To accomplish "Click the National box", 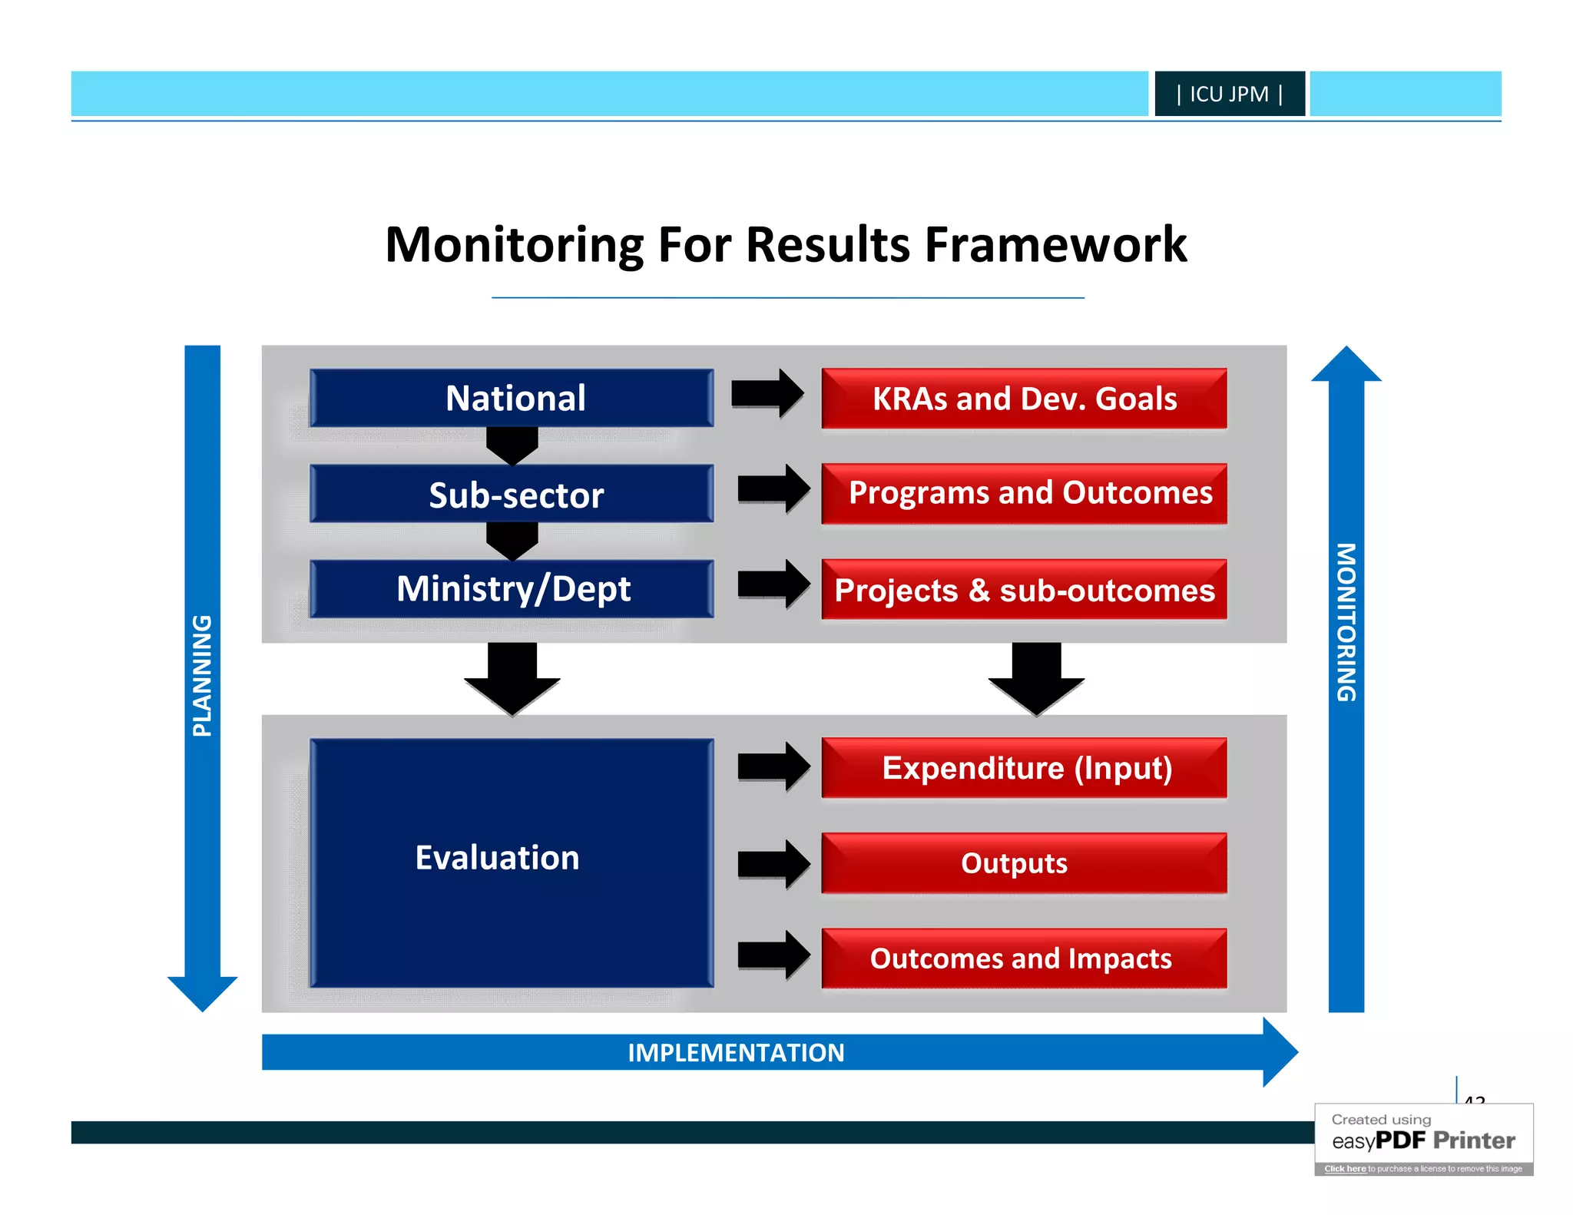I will point(512,398).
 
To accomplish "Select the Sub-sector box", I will point(512,494).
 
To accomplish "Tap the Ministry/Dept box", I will point(512,589).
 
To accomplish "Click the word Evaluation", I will point(497,857).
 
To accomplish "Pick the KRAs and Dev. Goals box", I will point(1024,399).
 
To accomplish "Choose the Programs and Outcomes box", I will point(1024,493).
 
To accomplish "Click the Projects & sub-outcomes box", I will point(1024,590).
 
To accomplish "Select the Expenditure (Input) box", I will point(1024,768).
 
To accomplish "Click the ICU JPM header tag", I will point(1229,94).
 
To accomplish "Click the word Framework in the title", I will point(1055,245).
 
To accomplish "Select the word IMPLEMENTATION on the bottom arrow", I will point(736,1052).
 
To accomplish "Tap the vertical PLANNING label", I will point(202,676).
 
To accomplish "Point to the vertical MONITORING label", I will point(1346,622).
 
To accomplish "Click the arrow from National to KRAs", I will point(767,394).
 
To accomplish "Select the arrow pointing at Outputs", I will point(773,864).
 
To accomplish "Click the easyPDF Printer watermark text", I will point(1423,1140).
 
